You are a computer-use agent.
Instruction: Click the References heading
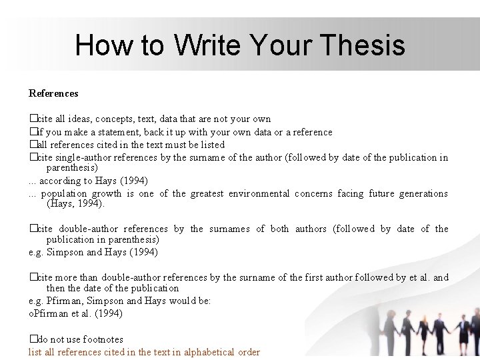(x=53, y=93)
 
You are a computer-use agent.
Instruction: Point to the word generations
(x=423, y=194)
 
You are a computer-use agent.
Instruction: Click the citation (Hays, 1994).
(x=76, y=203)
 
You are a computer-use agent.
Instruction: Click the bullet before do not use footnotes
(x=32, y=339)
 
